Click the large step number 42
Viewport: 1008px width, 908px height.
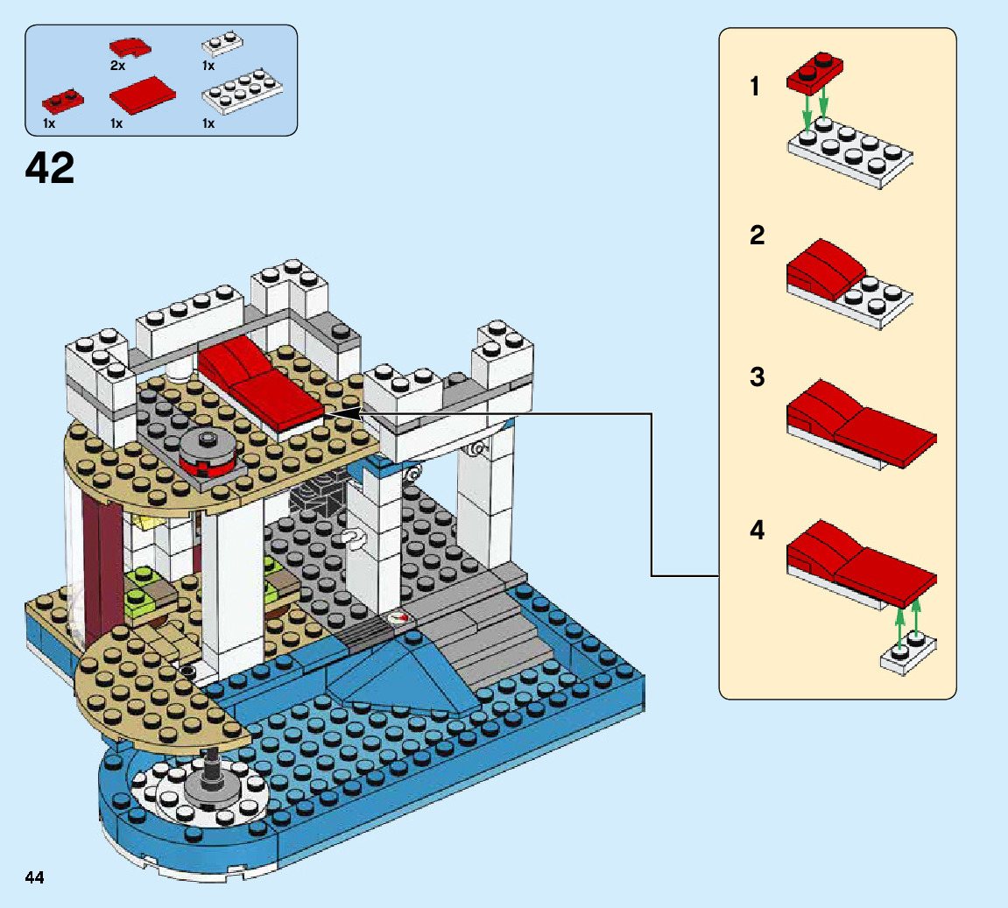pyautogui.click(x=50, y=168)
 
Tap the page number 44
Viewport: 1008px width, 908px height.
pyautogui.click(x=34, y=877)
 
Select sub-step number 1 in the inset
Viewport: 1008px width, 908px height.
pyautogui.click(x=755, y=88)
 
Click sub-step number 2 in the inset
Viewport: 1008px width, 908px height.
pyautogui.click(x=757, y=235)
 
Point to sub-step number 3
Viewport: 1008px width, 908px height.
pyautogui.click(x=757, y=377)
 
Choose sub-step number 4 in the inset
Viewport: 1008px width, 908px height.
pyautogui.click(x=757, y=531)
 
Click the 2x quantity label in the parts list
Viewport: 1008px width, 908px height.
pyautogui.click(x=117, y=66)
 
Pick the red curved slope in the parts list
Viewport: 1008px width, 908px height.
pyautogui.click(x=130, y=47)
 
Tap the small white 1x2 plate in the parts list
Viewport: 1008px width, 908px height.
pyautogui.click(x=222, y=43)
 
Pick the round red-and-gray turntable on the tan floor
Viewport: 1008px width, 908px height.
pyautogui.click(x=208, y=451)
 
